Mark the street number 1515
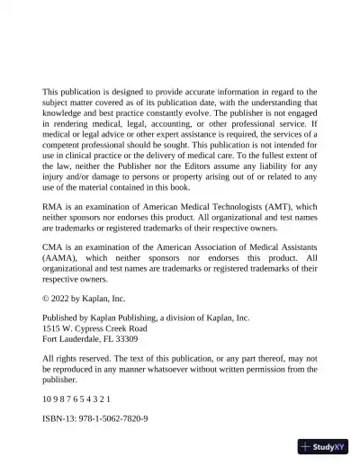pyautogui.click(x=52, y=328)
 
